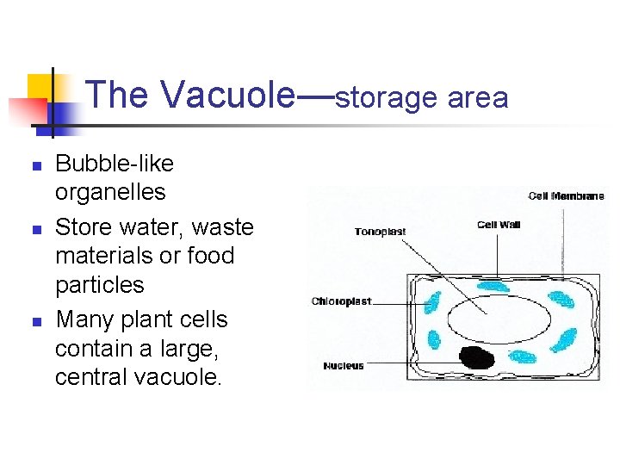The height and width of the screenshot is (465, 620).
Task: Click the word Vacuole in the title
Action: click(227, 95)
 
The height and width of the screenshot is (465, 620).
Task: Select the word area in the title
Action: click(478, 98)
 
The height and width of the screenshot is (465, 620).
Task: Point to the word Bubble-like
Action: click(115, 164)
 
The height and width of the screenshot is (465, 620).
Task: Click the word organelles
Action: click(110, 191)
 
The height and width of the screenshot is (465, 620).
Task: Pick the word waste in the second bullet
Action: click(223, 227)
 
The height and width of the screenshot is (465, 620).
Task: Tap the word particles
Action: click(100, 284)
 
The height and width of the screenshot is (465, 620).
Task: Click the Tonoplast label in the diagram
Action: click(380, 232)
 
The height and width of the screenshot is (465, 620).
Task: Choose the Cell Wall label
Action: click(498, 226)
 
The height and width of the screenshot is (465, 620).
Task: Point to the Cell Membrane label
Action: click(566, 196)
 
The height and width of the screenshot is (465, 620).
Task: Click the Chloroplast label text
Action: click(342, 301)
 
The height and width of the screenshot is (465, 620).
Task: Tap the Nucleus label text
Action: click(344, 366)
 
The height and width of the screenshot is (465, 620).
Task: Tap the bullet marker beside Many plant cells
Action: click(34, 321)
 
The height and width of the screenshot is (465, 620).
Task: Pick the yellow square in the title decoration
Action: click(40, 87)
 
